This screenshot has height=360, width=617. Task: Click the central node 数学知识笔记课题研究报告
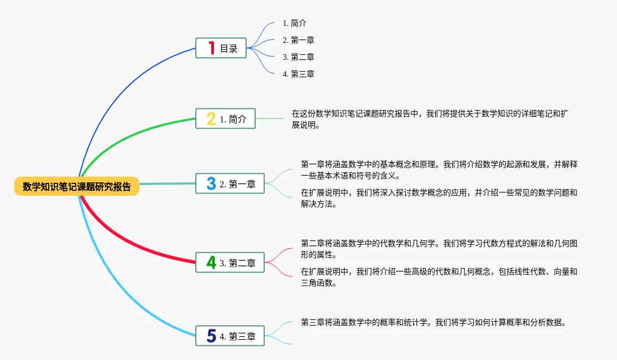(77, 187)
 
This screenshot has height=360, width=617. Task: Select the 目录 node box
(221, 49)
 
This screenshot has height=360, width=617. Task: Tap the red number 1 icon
(211, 49)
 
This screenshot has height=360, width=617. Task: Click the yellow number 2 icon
(211, 119)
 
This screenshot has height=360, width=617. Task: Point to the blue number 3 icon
(211, 183)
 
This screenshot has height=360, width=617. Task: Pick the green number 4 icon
(211, 262)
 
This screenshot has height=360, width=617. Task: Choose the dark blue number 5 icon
(211, 336)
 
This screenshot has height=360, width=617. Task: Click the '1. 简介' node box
(226, 119)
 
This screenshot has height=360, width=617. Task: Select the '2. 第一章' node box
(230, 183)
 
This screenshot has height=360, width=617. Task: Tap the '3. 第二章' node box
(230, 262)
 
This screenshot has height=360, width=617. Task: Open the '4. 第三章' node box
(230, 336)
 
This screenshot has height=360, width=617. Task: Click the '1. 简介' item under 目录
(294, 23)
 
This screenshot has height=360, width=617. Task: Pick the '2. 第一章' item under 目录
(298, 40)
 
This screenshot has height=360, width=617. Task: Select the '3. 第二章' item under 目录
(298, 57)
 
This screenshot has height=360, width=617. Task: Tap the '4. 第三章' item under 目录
(298, 74)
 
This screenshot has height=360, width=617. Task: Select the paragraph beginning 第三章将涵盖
(433, 323)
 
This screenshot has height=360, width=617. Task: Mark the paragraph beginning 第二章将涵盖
(439, 249)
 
